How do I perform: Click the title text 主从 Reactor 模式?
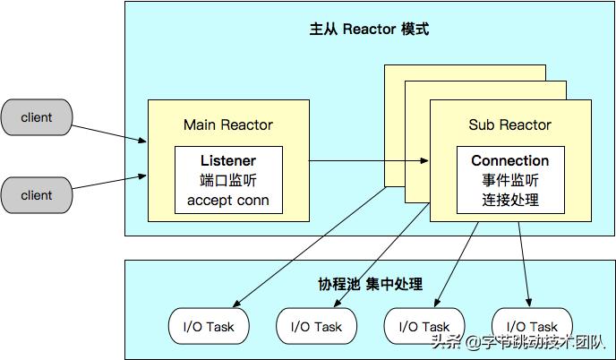pos(369,30)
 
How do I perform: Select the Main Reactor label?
pos(227,124)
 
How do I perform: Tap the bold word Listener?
pos(227,160)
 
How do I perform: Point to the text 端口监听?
pos(227,180)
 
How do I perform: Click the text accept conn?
pos(227,200)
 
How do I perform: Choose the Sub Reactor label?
pos(509,124)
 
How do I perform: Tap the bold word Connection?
pos(509,160)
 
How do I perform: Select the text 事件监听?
pos(509,180)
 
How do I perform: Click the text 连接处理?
pos(509,200)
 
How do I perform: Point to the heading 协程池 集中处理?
pos(370,284)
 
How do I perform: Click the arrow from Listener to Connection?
pos(367,162)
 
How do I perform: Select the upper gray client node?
pos(37,117)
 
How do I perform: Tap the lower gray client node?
pos(37,194)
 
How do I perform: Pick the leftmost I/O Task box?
pos(208,327)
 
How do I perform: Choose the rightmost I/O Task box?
pos(532,327)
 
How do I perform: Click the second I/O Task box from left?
pos(316,327)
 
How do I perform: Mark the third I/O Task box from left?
pos(423,327)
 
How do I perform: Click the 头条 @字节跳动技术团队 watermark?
pos(518,341)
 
